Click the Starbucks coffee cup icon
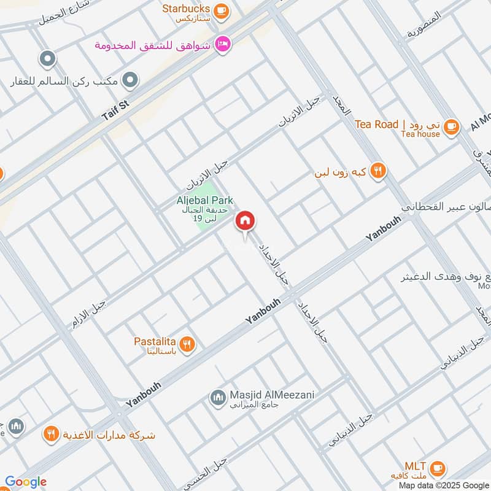coord(222,10)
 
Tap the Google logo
coord(25,482)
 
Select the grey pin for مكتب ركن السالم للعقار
coord(130,80)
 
